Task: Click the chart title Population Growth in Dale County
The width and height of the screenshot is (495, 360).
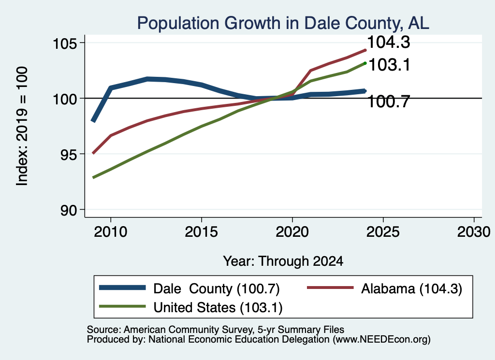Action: (283, 24)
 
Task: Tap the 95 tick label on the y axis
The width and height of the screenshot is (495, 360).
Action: (69, 154)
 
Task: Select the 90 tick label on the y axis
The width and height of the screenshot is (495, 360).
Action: (69, 210)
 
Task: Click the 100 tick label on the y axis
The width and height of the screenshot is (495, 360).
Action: (65, 99)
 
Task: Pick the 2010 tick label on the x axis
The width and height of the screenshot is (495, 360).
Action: (111, 232)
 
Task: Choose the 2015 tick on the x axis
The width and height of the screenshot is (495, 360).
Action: (202, 232)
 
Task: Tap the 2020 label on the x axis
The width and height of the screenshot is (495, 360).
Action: (292, 232)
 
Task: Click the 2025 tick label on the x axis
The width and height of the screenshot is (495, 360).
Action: (383, 232)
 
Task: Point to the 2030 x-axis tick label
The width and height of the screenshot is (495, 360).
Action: (474, 232)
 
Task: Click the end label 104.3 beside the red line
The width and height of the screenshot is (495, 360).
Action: (389, 42)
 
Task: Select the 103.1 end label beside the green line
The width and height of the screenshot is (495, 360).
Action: (389, 65)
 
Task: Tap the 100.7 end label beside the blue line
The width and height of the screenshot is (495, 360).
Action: (389, 101)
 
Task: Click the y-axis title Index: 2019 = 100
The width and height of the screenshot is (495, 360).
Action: (22, 126)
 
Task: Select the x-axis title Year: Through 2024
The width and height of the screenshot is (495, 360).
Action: (283, 261)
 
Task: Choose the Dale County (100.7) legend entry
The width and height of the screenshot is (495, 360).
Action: (189, 288)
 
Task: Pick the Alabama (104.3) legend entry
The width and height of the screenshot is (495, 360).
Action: (385, 288)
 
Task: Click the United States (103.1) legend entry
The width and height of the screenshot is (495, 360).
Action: (190, 307)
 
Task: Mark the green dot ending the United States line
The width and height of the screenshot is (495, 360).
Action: (365, 63)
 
